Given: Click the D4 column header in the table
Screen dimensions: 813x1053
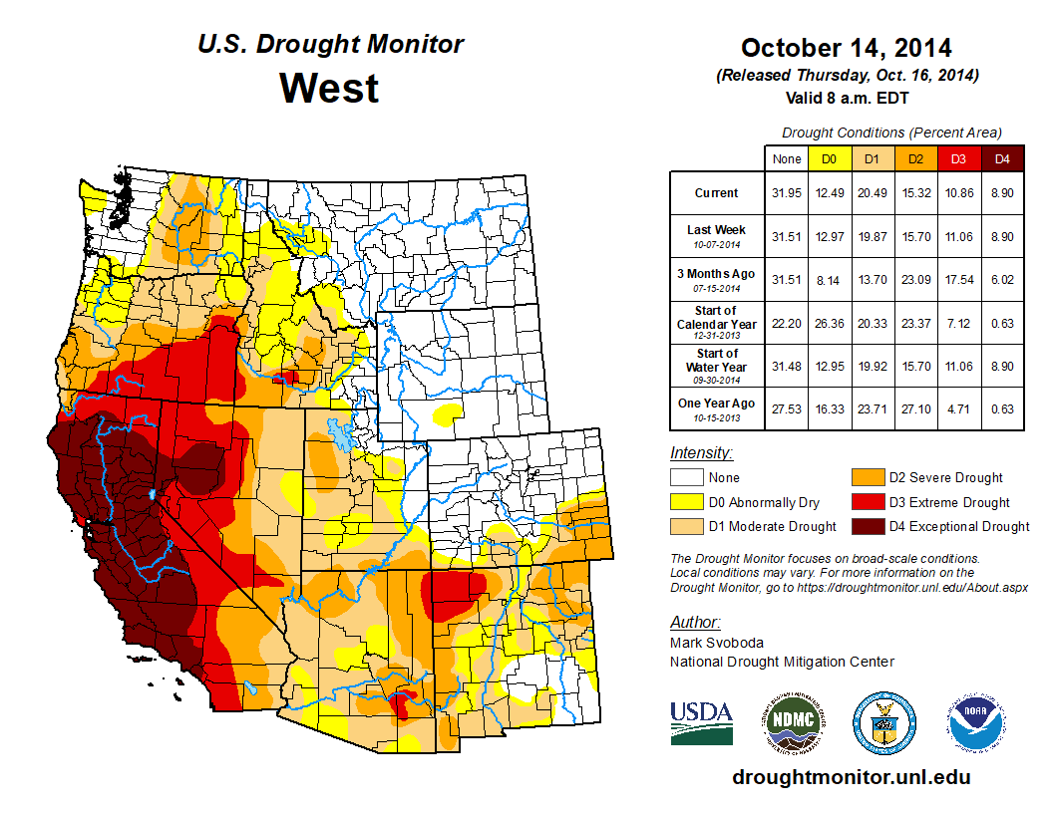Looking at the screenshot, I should (1003, 158).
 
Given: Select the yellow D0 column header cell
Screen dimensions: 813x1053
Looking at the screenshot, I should (828, 158).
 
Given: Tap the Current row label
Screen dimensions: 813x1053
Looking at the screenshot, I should (717, 193).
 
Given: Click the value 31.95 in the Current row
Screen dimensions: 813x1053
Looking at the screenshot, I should (786, 193).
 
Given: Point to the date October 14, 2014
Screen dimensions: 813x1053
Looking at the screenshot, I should (846, 48).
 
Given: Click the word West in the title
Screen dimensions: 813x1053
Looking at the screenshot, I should (329, 89).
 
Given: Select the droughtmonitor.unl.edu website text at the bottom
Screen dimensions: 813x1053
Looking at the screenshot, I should (851, 777).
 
